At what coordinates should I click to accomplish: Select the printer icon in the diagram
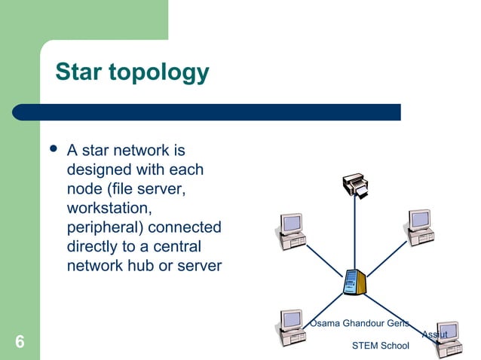pos(355,185)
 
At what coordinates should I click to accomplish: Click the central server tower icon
pos(353,282)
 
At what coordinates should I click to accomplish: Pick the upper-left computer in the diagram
pos(291,230)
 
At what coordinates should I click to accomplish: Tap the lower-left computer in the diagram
pos(291,328)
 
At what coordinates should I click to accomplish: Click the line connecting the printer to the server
pos(354,233)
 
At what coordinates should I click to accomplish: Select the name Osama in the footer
pos(325,323)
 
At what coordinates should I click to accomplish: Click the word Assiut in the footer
pos(435,334)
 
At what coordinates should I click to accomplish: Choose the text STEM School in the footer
pos(380,346)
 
